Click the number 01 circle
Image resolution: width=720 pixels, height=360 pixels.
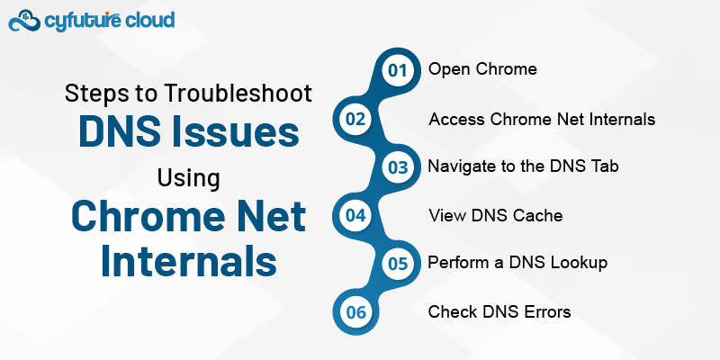[x=397, y=70]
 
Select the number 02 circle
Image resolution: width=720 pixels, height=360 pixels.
[x=354, y=119]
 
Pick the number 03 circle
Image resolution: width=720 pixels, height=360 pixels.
[x=397, y=167]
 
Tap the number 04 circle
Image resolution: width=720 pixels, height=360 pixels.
[x=354, y=216]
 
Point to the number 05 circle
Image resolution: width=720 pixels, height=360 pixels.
[x=397, y=264]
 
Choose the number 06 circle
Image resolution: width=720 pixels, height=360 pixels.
[x=354, y=312]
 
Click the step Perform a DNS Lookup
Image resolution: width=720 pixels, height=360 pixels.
[x=517, y=264]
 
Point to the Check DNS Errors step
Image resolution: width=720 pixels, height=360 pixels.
[x=499, y=312]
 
